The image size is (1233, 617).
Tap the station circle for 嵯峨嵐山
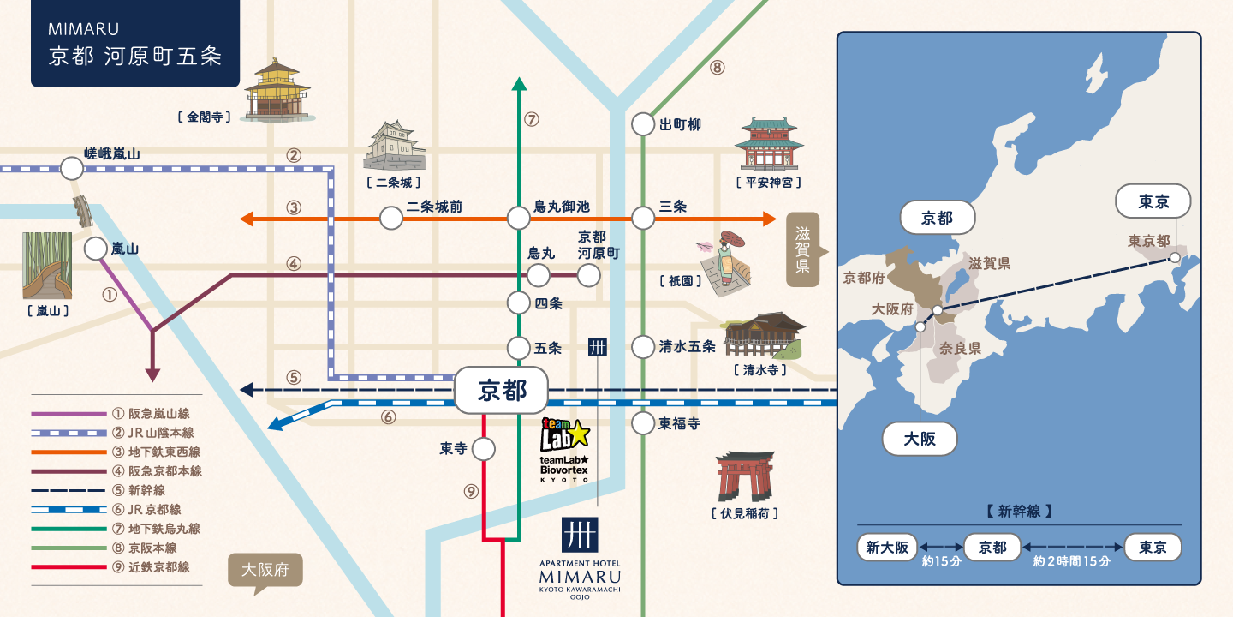[x=72, y=169]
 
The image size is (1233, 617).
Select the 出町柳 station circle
[x=643, y=124]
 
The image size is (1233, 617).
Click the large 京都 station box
[x=502, y=391]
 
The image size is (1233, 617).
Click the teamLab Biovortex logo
[x=565, y=450]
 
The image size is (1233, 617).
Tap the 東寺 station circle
[x=483, y=450]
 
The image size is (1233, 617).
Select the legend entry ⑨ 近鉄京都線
[x=110, y=567]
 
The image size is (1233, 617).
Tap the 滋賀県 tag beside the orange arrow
[x=805, y=249]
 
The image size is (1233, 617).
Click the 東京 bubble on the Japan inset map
[x=1153, y=201]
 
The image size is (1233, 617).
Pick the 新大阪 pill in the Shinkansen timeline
[x=887, y=547]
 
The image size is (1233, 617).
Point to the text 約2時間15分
[x=1071, y=561]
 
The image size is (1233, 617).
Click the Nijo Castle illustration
[x=394, y=146]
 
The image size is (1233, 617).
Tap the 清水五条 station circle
[x=643, y=347]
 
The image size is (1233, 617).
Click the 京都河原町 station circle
[x=588, y=275]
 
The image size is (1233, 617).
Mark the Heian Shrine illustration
[x=769, y=143]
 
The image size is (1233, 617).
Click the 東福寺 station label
[x=679, y=423]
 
